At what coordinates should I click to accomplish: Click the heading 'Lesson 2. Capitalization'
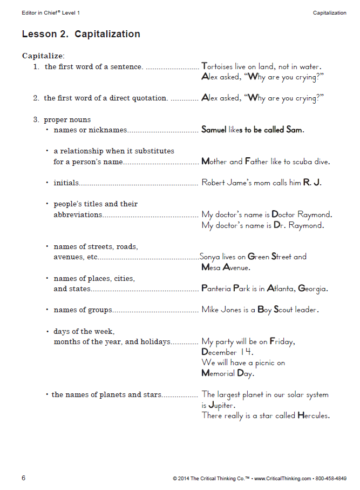[x=81, y=34]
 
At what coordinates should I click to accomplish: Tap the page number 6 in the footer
[x=24, y=478]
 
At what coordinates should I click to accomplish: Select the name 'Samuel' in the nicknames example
[x=214, y=130]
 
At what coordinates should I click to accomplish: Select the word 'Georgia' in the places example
[x=313, y=289]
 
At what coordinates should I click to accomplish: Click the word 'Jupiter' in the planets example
[x=221, y=405]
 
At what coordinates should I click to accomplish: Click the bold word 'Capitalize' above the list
[x=43, y=56]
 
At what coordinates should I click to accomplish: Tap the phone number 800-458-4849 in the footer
[x=329, y=479]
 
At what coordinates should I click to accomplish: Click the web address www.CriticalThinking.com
[x=283, y=479]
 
